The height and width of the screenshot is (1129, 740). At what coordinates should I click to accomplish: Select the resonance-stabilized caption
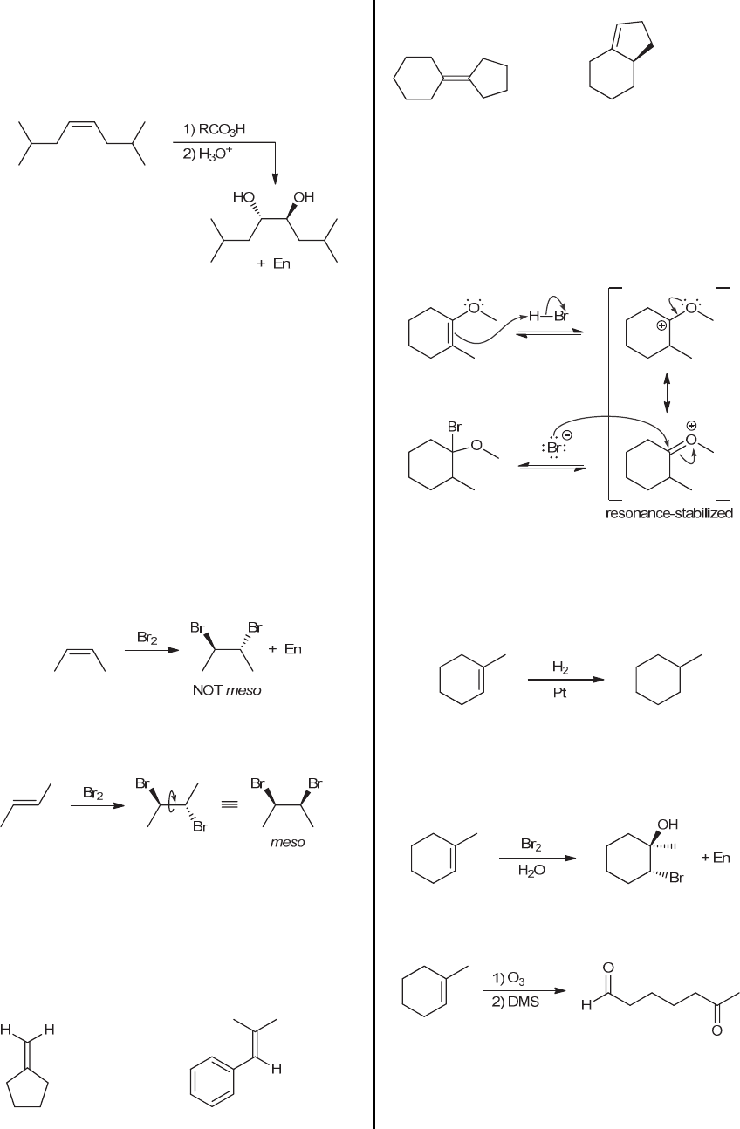pyautogui.click(x=669, y=513)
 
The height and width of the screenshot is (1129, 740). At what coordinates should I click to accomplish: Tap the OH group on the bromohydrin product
pyautogui.click(x=668, y=825)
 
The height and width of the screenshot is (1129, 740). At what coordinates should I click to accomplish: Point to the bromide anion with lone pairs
pyautogui.click(x=555, y=447)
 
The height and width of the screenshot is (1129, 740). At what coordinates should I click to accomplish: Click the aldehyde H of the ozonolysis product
pyautogui.click(x=585, y=1006)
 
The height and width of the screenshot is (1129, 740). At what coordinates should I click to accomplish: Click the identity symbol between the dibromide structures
pyautogui.click(x=228, y=805)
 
